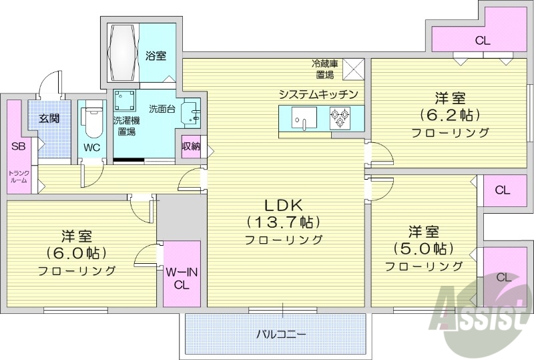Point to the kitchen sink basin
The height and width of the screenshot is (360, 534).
(x=303, y=120)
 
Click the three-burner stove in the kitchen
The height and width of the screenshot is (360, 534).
(x=341, y=118)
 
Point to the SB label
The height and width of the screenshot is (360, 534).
(x=17, y=147)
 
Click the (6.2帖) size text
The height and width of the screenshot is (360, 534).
(x=450, y=114)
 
